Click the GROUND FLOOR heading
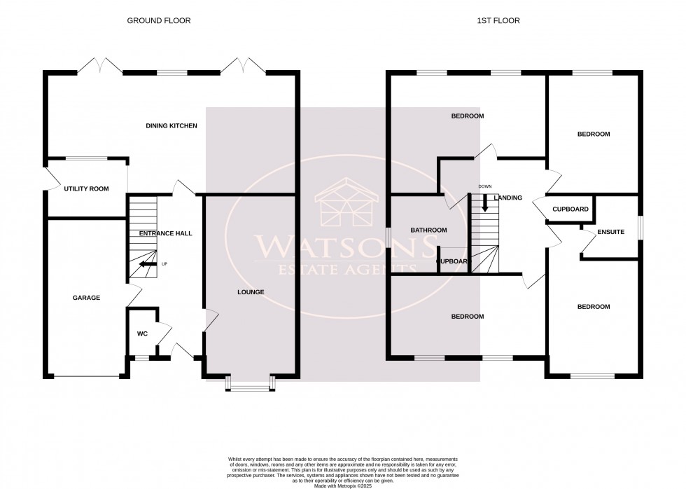coord(158,21)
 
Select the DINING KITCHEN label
coord(171,126)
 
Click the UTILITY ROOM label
coord(86,188)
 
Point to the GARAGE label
coord(86,298)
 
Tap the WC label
coord(141,333)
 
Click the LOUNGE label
coord(250,291)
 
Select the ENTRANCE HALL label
coord(165,233)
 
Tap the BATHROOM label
coord(428,230)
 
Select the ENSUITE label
coord(610,232)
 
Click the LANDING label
coord(508,198)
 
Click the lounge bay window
coord(250,385)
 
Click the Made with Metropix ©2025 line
coord(342,476)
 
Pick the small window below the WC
coord(141,358)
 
